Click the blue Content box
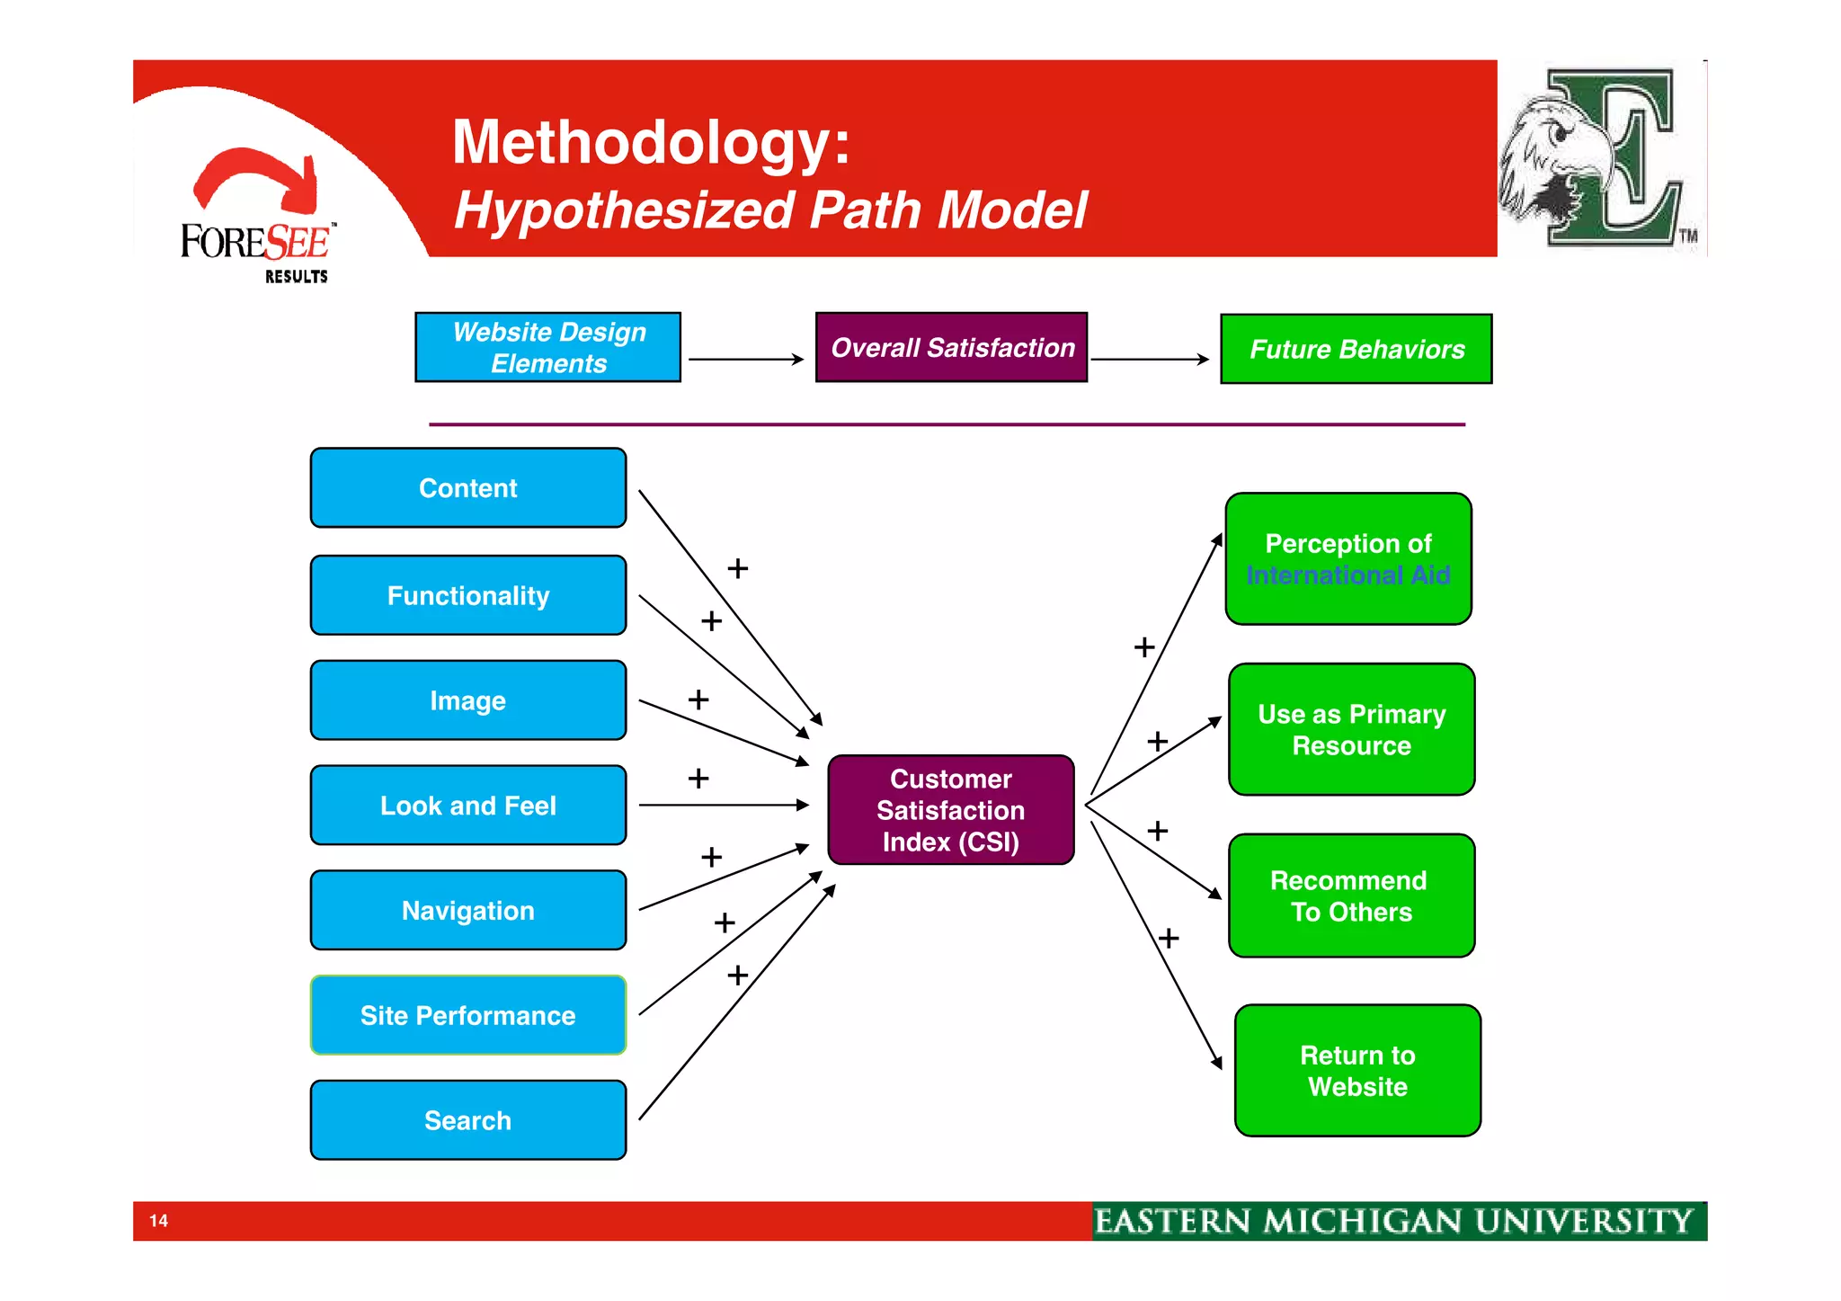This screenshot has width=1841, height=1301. tap(467, 488)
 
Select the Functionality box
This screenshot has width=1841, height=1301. tap(467, 595)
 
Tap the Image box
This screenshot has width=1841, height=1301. tap(467, 700)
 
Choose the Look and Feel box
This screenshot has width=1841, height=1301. tap(467, 806)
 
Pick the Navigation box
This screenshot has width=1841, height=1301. tap(467, 910)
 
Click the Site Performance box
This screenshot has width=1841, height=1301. tap(467, 1015)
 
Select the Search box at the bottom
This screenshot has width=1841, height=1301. tap(467, 1120)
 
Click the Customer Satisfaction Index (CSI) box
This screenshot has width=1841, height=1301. tap(950, 810)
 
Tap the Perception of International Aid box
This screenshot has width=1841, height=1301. tap(1347, 558)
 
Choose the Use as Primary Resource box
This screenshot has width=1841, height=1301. tap(1351, 729)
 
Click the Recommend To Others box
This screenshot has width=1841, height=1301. tap(1351, 896)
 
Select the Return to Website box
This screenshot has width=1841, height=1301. tap(1357, 1071)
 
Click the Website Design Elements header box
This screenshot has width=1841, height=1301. tap(547, 347)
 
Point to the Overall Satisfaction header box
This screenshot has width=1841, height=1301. tap(951, 347)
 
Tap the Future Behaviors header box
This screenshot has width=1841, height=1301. tap(1356, 349)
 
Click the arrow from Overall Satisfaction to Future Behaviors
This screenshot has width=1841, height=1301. tap(1150, 360)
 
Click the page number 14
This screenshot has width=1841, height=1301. tap(159, 1220)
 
